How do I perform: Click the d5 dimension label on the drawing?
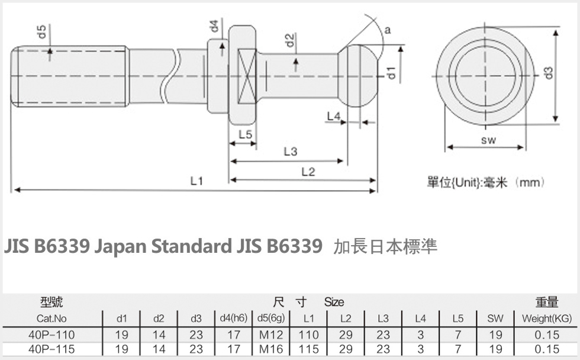pos(43,31)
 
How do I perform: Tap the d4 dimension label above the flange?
pos(214,26)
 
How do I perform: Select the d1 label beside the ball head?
pos(391,73)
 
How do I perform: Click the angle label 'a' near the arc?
pos(386,29)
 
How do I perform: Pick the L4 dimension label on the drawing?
pos(334,116)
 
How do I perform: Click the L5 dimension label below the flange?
pos(245,134)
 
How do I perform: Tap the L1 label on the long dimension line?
pos(196,181)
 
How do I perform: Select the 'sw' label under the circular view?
pos(488,140)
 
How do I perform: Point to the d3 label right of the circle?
pos(548,73)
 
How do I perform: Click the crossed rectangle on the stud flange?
pos(247,75)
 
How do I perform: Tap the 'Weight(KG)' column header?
pos(546,319)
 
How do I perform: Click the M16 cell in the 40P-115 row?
pos(271,349)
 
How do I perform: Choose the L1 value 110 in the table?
pos(308,335)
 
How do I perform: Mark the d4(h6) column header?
pos(234,319)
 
